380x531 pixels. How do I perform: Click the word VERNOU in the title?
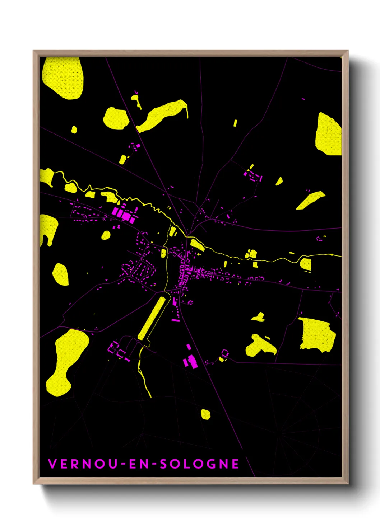coord(83,464)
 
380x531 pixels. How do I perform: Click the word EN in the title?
coord(139,464)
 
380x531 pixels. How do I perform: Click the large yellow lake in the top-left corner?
coord(64,77)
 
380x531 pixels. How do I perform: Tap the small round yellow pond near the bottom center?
coord(205,414)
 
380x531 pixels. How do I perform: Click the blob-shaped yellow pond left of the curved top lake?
coord(116,118)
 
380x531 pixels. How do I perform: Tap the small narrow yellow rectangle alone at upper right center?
coord(235,123)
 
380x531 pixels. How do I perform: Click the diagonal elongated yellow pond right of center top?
coord(310,199)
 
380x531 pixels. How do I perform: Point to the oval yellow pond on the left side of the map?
coord(61,274)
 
